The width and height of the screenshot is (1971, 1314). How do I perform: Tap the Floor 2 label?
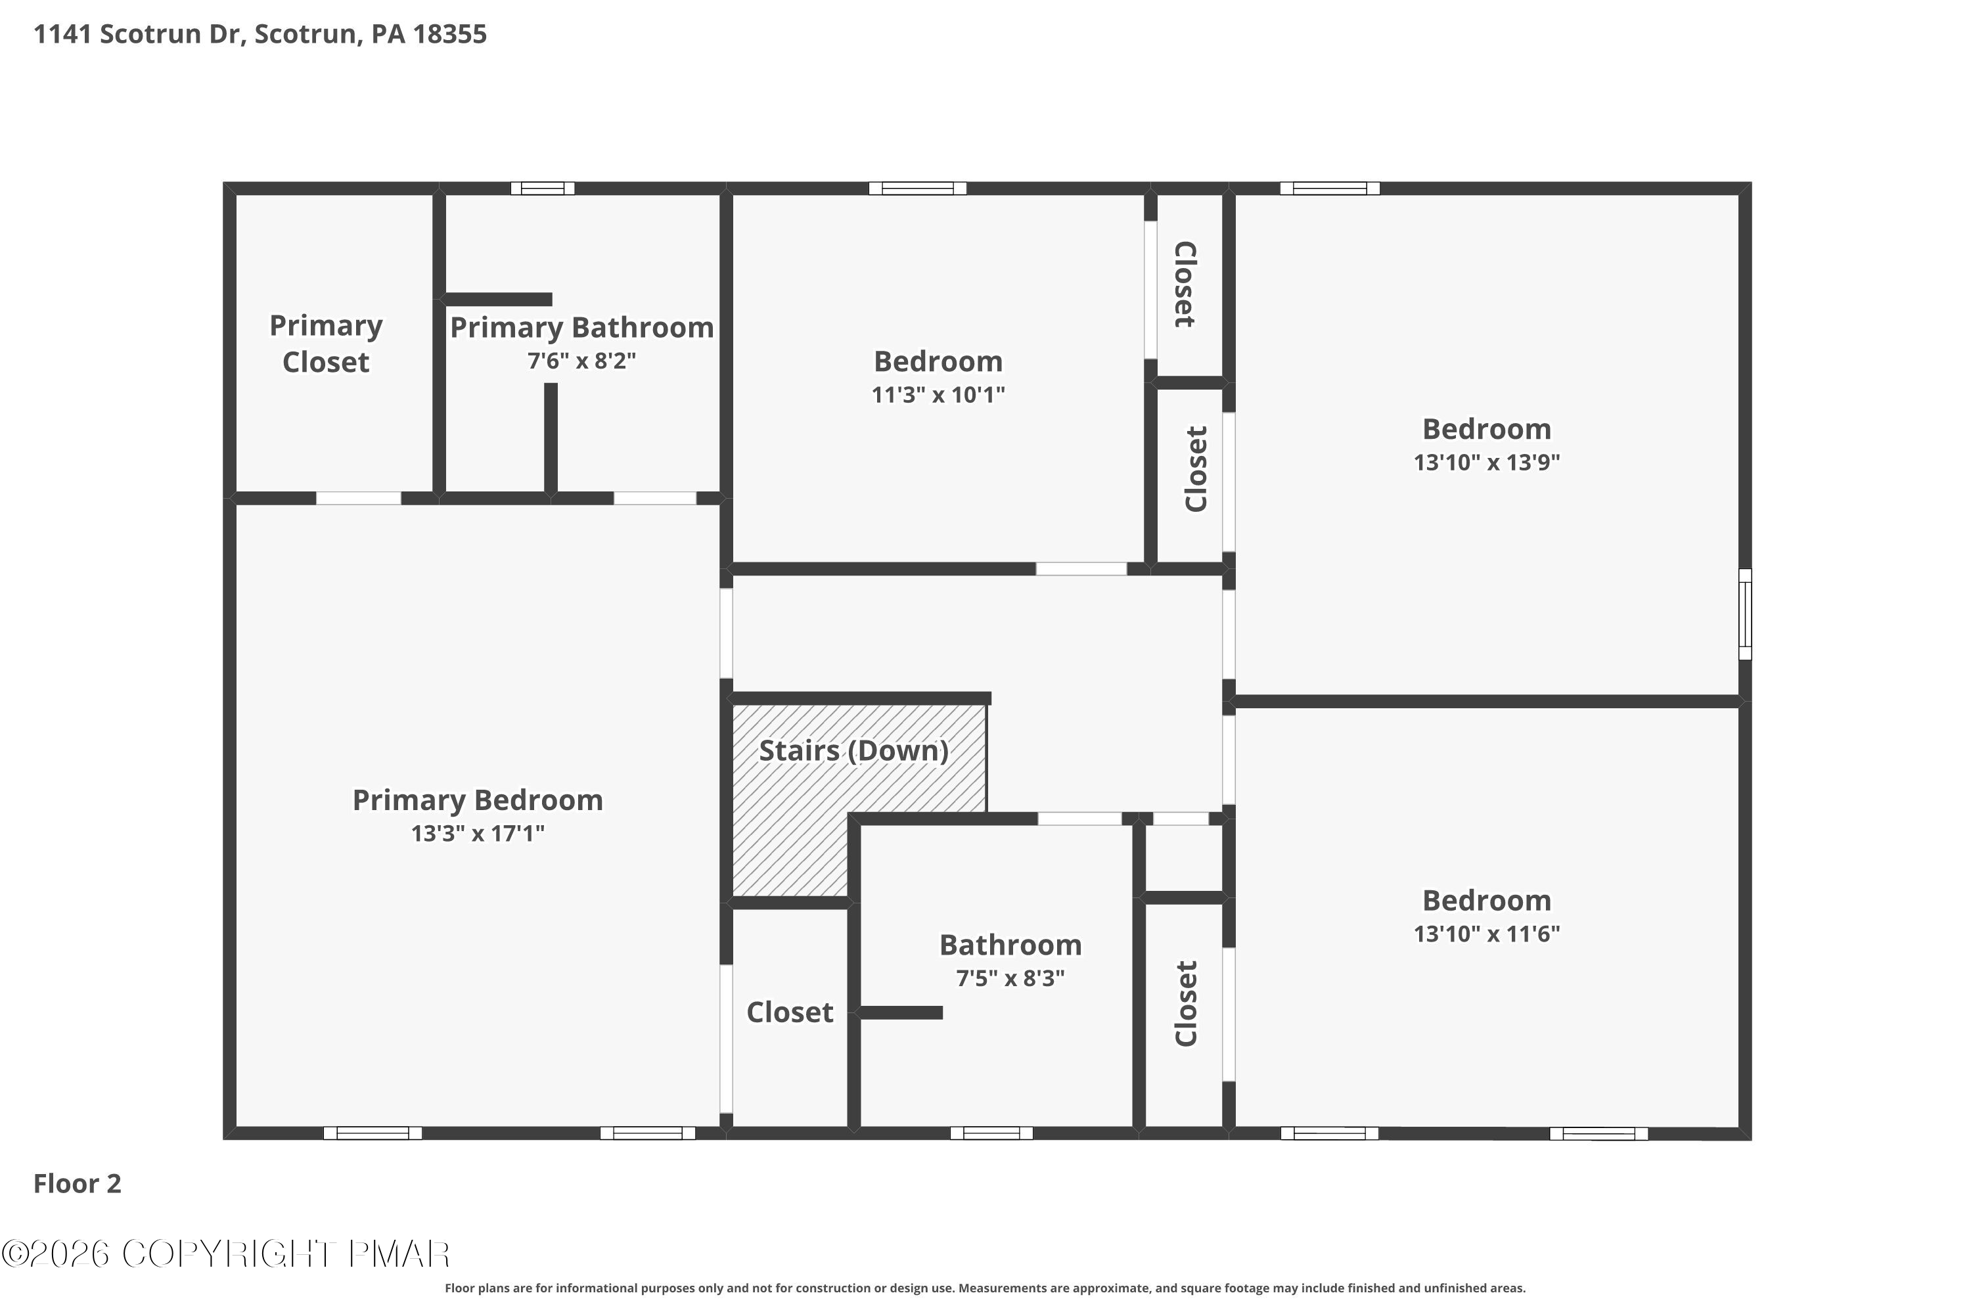pyautogui.click(x=77, y=1183)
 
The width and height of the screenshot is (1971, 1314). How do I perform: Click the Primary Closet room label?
pyautogui.click(x=326, y=344)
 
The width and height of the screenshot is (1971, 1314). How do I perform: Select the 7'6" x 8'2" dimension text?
pyautogui.click(x=581, y=361)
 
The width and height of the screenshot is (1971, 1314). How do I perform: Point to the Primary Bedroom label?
pyautogui.click(x=478, y=800)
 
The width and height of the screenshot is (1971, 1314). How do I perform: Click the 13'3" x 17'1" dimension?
pyautogui.click(x=478, y=834)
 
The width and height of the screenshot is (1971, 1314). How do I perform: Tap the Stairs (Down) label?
pyautogui.click(x=854, y=751)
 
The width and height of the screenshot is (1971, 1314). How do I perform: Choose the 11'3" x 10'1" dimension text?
pyautogui.click(x=938, y=395)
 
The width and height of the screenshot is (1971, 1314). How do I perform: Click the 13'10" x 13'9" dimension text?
pyautogui.click(x=1487, y=463)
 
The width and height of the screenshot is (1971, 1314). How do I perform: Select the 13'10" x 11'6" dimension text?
pyautogui.click(x=1487, y=934)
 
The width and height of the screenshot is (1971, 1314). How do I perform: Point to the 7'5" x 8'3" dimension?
pyautogui.click(x=1010, y=979)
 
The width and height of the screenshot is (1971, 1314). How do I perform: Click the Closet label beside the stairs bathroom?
pyautogui.click(x=790, y=1012)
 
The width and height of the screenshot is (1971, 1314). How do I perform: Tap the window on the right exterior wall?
pyautogui.click(x=1745, y=614)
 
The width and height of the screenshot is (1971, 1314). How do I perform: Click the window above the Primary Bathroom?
pyautogui.click(x=543, y=189)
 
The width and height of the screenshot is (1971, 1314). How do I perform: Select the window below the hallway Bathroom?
pyautogui.click(x=991, y=1133)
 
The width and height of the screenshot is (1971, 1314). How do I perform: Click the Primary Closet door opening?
pyautogui.click(x=359, y=499)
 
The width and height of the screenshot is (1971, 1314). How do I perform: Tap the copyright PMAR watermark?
pyautogui.click(x=226, y=1254)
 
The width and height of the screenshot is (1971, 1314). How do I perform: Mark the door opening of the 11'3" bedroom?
pyautogui.click(x=1081, y=569)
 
